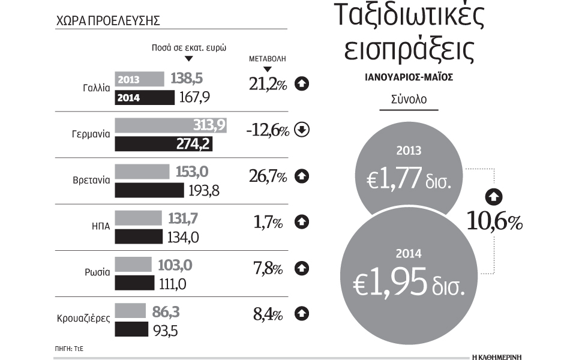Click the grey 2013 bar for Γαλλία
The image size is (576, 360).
pos(139,79)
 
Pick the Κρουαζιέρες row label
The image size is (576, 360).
pos(79,318)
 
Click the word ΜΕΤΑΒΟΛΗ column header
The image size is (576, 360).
pos(268,60)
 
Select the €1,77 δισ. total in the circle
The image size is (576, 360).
pos(408,179)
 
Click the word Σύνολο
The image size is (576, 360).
pos(409,99)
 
